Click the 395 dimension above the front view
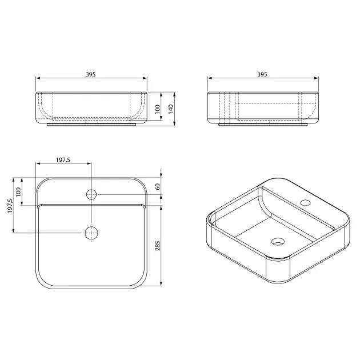coord(90,74)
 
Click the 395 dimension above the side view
coord(262,74)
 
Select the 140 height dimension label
coord(171,109)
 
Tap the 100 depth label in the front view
coord(157,109)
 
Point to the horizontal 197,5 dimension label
coord(63,160)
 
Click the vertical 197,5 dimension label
coord(10,206)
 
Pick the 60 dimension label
coord(158,187)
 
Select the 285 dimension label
coord(158,246)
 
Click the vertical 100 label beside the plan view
coord(18,191)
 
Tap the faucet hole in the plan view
coord(91,194)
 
